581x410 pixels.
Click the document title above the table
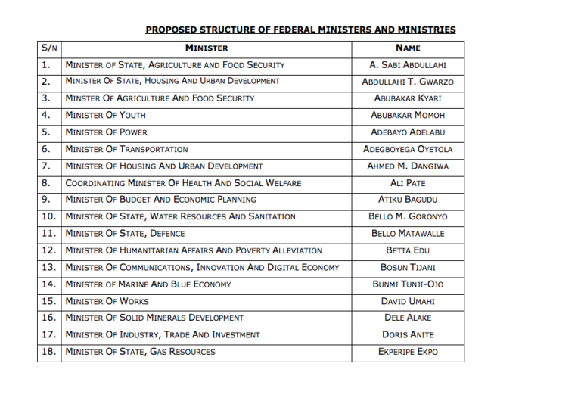click(300, 30)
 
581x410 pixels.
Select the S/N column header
click(48, 48)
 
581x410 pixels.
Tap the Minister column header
click(207, 48)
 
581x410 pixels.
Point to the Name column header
click(408, 48)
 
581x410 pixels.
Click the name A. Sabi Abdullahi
click(408, 65)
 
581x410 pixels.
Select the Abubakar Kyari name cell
click(408, 98)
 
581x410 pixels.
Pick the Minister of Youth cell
click(106, 116)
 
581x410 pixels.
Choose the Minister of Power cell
click(107, 132)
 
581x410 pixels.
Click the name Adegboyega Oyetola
click(408, 149)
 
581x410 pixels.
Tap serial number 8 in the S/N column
click(47, 183)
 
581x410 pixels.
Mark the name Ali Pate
click(408, 183)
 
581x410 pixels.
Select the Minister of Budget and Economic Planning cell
click(161, 200)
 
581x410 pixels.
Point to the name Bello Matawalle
click(408, 234)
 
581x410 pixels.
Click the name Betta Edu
click(408, 250)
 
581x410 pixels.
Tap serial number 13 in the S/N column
click(48, 267)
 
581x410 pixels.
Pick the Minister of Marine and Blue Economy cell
click(148, 284)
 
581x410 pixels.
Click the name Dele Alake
click(408, 318)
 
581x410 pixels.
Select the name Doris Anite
click(408, 334)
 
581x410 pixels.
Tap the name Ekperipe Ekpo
click(408, 352)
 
